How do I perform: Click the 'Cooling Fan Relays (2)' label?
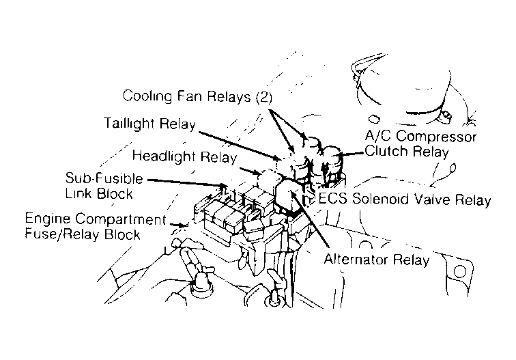(x=197, y=96)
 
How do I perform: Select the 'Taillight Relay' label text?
(x=149, y=124)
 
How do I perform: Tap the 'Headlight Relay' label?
(x=184, y=156)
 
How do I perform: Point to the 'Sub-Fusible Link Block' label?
(x=104, y=185)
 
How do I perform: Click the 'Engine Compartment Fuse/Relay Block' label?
(x=96, y=227)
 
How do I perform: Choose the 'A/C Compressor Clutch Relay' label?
(x=420, y=143)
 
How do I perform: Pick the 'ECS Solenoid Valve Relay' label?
(x=405, y=199)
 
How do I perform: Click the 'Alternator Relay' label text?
(x=377, y=260)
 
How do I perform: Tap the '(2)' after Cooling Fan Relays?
(x=264, y=97)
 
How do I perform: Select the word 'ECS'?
(x=332, y=199)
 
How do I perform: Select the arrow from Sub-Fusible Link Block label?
(x=188, y=183)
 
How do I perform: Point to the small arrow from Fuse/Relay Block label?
(x=180, y=225)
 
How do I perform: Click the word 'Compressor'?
(x=438, y=137)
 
